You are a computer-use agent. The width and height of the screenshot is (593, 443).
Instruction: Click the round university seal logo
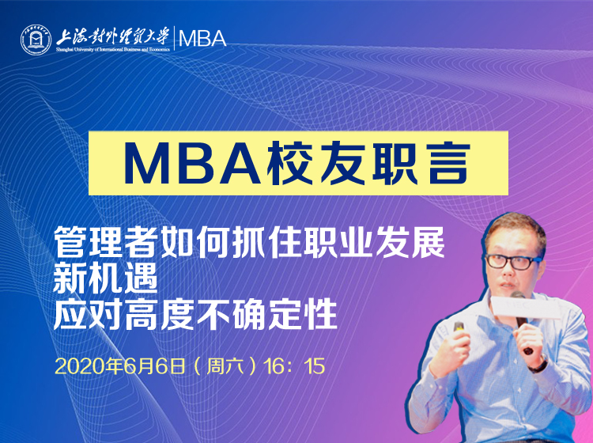click(x=36, y=40)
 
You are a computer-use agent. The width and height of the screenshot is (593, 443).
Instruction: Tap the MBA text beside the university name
click(x=202, y=39)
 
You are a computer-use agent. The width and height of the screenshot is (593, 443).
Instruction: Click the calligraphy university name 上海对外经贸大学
click(x=112, y=36)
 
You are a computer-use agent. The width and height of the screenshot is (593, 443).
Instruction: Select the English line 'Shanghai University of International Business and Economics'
click(x=113, y=50)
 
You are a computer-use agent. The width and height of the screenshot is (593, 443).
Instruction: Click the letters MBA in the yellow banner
click(x=192, y=163)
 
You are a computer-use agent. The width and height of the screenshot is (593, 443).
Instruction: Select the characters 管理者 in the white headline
click(x=105, y=243)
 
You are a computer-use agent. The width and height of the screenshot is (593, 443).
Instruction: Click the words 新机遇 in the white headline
click(x=105, y=278)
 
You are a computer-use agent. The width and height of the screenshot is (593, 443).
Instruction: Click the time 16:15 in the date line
click(x=294, y=366)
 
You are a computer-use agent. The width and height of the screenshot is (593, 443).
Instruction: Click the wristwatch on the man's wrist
click(x=540, y=365)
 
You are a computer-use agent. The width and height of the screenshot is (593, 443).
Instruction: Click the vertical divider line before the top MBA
click(x=174, y=38)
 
